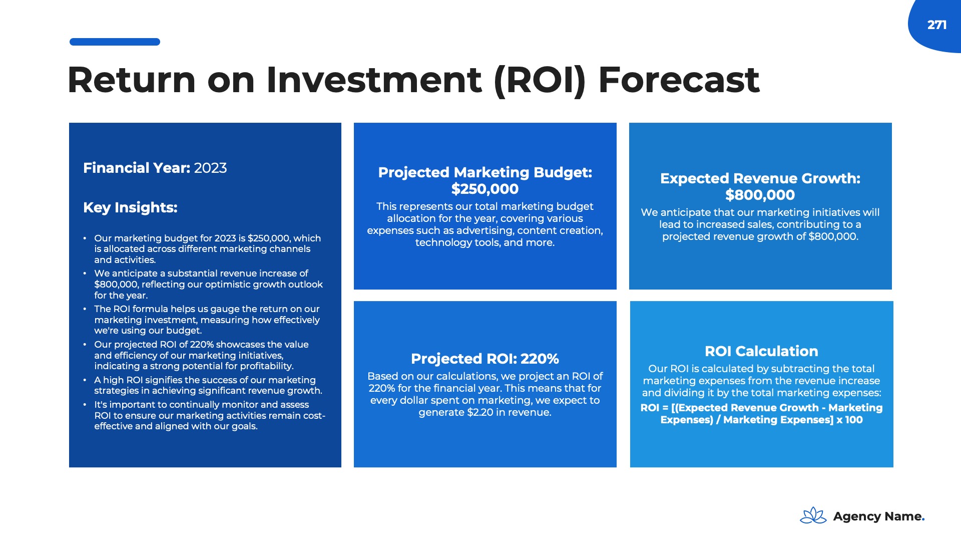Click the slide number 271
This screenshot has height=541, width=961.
[936, 25]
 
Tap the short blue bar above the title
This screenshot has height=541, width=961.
[115, 42]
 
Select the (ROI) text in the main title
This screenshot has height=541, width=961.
[540, 81]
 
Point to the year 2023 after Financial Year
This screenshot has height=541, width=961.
[210, 168]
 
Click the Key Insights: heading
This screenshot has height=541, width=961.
[130, 207]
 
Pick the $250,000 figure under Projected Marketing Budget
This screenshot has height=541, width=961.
[485, 189]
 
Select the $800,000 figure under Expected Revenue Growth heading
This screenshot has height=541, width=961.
[760, 195]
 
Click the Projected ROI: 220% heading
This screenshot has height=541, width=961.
[485, 359]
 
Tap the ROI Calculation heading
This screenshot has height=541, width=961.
[761, 351]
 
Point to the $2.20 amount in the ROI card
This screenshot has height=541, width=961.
[481, 412]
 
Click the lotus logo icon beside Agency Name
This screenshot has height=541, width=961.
[813, 515]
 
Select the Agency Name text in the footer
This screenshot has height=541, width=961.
[877, 516]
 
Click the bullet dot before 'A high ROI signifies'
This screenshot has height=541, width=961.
[85, 380]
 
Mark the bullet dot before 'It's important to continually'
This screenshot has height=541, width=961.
[85, 405]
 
